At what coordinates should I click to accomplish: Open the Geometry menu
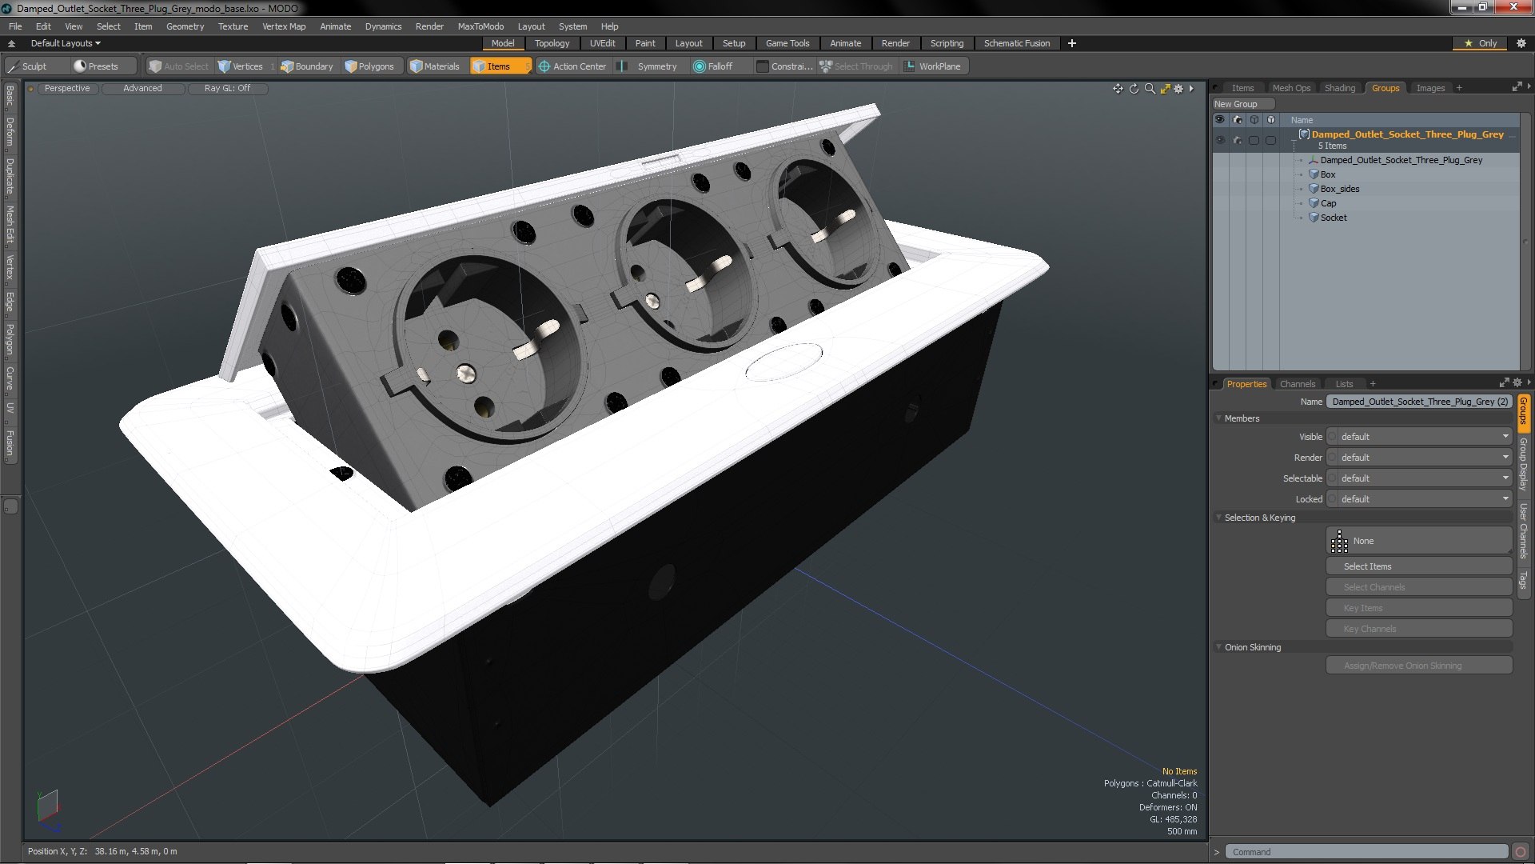185,26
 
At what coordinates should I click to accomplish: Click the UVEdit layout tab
602,43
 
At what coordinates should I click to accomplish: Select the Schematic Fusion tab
1017,43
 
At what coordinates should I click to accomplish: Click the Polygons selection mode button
369,66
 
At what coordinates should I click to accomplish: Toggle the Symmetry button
649,66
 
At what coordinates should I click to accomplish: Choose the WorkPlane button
933,66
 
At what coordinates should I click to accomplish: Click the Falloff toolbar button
713,66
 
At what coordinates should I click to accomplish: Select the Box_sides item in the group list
1339,189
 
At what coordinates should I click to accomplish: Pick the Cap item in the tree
1328,203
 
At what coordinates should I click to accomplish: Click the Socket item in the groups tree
1334,218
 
